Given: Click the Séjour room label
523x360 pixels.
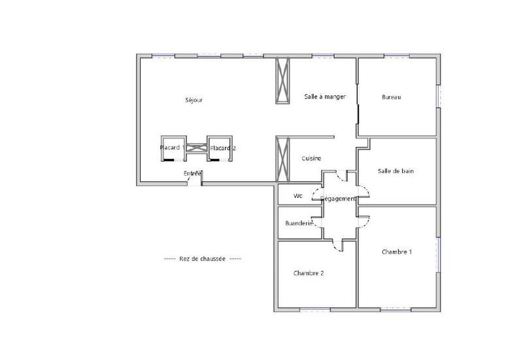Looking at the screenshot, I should click(x=194, y=100).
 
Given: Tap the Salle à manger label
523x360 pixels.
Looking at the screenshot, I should click(x=324, y=97).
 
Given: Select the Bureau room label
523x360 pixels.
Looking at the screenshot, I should click(x=391, y=97).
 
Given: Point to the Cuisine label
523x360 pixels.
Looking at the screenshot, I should click(x=311, y=159).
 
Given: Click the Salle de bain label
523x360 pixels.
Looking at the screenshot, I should click(x=396, y=171).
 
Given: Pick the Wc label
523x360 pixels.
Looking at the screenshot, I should click(x=298, y=195).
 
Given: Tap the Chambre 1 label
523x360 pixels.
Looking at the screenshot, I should click(x=397, y=252).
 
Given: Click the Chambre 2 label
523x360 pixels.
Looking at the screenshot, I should click(x=309, y=273).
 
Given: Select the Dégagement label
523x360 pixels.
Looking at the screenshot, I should click(x=337, y=199).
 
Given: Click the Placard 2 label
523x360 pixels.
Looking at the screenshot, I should click(x=223, y=148).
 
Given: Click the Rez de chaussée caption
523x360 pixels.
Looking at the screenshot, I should click(x=202, y=259).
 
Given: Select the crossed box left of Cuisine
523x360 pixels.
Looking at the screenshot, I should click(x=283, y=159).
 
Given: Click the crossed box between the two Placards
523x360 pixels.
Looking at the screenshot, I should click(x=197, y=148).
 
